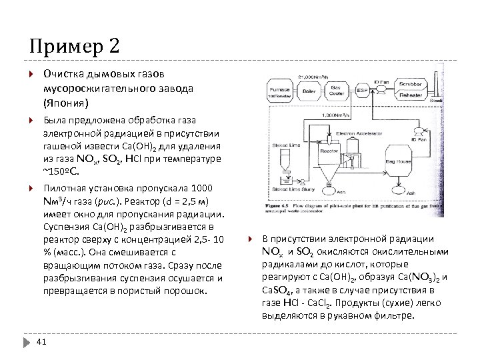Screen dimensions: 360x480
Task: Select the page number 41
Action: (x=41, y=342)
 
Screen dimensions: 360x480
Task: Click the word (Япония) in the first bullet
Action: (x=65, y=103)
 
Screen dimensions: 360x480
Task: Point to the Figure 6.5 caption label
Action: (x=281, y=207)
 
